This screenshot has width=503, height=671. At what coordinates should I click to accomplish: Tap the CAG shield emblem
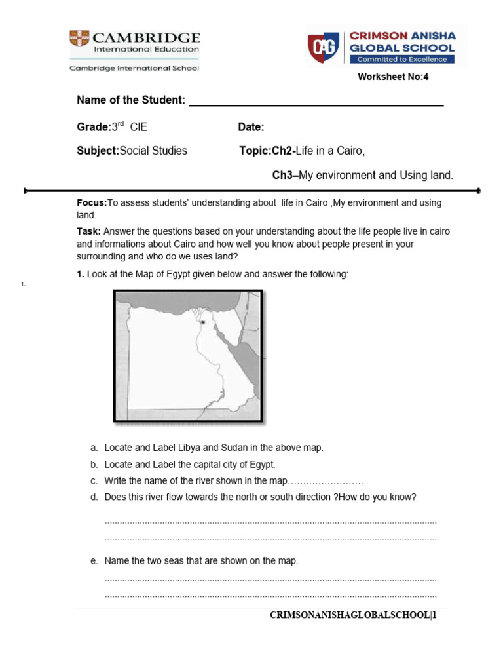click(x=322, y=46)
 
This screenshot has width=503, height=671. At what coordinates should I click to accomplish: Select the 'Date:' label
click(x=251, y=126)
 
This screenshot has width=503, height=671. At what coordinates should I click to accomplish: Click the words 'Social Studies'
click(x=154, y=151)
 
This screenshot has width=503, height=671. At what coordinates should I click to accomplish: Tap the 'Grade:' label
click(x=92, y=126)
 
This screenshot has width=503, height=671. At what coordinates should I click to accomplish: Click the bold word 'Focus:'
click(x=92, y=203)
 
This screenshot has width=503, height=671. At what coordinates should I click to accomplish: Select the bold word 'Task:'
click(x=88, y=232)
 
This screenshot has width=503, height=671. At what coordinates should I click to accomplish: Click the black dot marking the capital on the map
click(x=204, y=322)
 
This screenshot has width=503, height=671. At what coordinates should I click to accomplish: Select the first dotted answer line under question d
click(x=270, y=522)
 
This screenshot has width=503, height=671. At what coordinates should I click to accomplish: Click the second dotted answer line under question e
click(x=270, y=596)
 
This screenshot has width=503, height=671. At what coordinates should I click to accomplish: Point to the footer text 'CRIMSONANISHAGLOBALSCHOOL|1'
click(x=353, y=617)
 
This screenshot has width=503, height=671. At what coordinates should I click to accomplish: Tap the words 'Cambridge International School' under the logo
click(x=134, y=68)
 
